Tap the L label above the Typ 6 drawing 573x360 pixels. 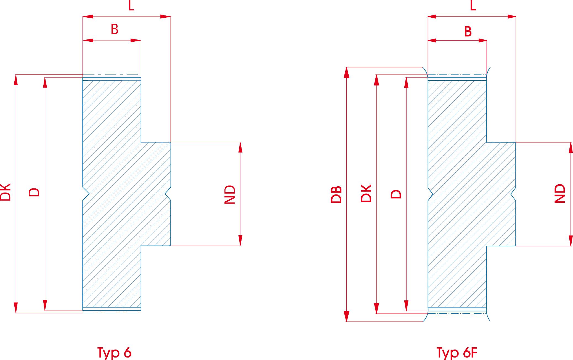(x=131, y=6)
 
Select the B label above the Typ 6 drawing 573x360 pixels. (x=115, y=29)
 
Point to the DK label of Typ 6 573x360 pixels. (x=6, y=192)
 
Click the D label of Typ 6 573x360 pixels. (x=35, y=192)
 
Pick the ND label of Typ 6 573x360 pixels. (x=230, y=194)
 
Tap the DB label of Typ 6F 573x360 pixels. (x=336, y=195)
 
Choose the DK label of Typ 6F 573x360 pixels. (x=366, y=193)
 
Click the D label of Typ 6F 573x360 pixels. (x=396, y=194)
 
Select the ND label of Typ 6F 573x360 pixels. (x=560, y=194)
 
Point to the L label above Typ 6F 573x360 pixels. (x=473, y=6)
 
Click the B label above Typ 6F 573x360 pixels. (x=468, y=31)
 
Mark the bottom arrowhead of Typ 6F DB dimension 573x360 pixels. (x=347, y=316)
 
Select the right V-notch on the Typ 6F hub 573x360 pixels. (x=513, y=195)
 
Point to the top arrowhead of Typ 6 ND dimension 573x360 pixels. (x=240, y=147)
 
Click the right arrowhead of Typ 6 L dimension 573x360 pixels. (x=166, y=17)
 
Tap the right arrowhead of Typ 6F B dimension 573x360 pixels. (x=482, y=41)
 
